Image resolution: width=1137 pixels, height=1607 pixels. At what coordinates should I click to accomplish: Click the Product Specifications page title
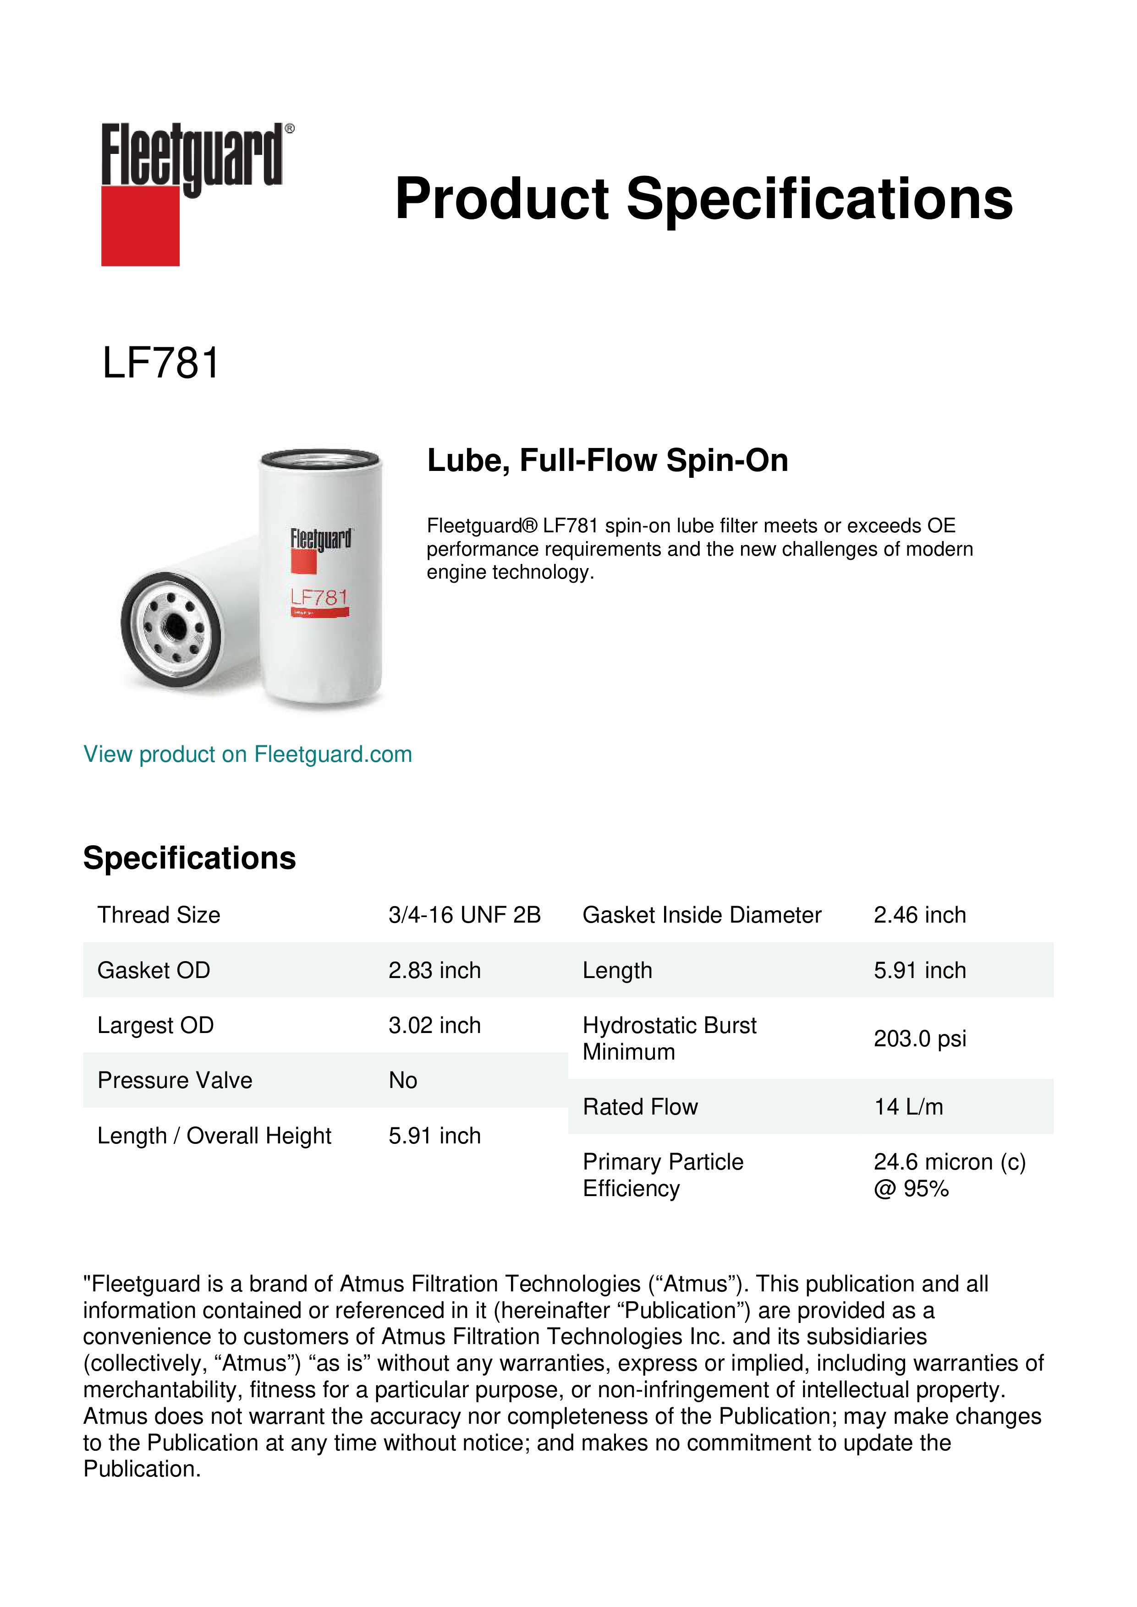point(703,199)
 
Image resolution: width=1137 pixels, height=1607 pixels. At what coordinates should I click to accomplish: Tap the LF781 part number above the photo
point(161,363)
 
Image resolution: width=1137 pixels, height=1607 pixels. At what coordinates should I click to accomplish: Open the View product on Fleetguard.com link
point(248,754)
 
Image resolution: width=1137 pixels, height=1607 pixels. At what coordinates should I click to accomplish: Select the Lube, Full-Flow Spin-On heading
point(607,460)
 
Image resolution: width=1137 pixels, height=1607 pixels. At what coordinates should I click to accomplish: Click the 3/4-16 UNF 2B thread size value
point(464,915)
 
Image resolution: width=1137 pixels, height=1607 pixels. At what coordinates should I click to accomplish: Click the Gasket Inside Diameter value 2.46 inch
point(919,915)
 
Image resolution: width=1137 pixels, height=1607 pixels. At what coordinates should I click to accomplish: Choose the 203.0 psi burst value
point(919,1039)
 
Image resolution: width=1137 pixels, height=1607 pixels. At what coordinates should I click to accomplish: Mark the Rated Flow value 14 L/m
point(908,1107)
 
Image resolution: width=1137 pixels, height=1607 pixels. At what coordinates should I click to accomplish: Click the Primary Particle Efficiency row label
point(662,1175)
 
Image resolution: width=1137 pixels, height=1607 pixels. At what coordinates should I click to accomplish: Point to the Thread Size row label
point(159,915)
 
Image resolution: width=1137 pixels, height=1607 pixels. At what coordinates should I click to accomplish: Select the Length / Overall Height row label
point(214,1135)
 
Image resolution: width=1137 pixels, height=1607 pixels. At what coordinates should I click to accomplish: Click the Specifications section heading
point(189,858)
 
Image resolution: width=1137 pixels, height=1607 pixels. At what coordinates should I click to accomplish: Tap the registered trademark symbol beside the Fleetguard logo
point(290,129)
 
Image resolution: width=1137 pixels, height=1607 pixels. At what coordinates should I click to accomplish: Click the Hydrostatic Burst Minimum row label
point(669,1039)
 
